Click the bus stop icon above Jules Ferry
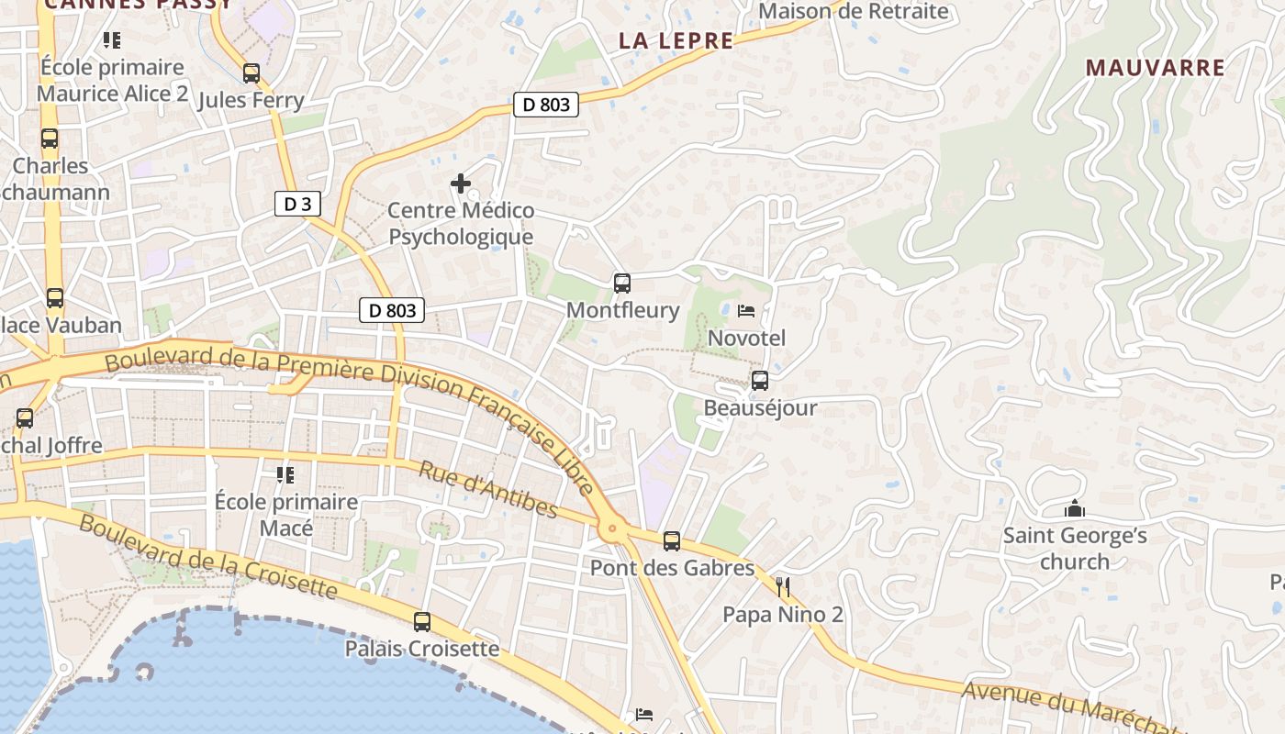[x=251, y=73]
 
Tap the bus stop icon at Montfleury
[x=622, y=284]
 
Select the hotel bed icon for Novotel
[x=746, y=311]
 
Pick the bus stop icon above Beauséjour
[x=760, y=381]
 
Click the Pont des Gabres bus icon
[x=672, y=541]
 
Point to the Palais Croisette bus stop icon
[x=422, y=622]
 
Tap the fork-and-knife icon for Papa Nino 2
[x=783, y=587]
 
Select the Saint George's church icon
[x=1075, y=508]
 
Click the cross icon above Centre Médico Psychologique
[x=461, y=184]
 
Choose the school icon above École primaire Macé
[x=285, y=475]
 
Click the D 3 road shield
[x=297, y=204]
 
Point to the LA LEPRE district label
[x=676, y=40]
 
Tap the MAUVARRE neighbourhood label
[x=1156, y=68]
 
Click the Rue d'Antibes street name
[x=488, y=489]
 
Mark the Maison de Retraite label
[x=854, y=11]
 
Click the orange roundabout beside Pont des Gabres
[x=612, y=528]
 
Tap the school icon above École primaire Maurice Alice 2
[x=112, y=40]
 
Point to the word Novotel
[x=747, y=338]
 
